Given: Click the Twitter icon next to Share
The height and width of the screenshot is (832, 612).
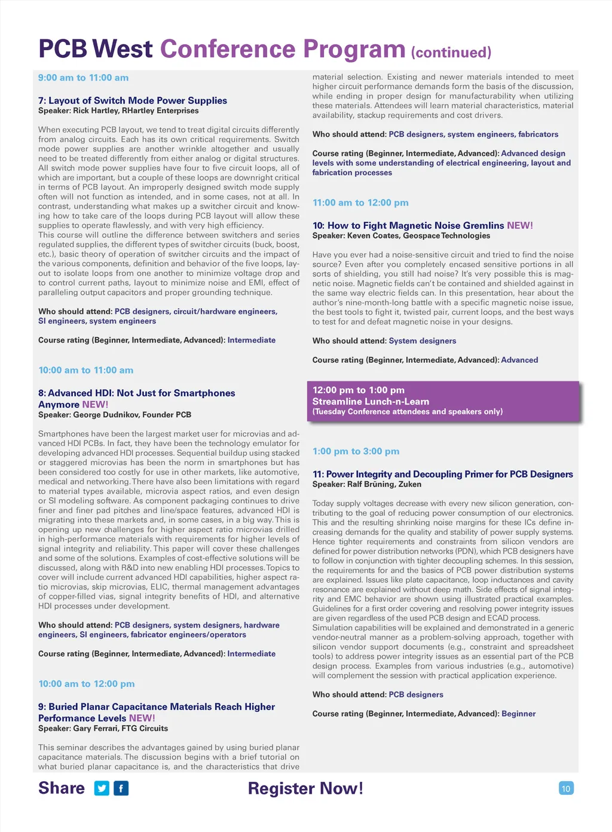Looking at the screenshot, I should click(102, 788).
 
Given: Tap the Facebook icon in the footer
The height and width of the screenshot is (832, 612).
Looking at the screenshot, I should click(121, 788).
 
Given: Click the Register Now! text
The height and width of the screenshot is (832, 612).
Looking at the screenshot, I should click(305, 788).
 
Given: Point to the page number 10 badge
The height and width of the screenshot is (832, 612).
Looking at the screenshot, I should click(565, 788).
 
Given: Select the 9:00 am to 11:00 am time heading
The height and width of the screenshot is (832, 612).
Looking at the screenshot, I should click(83, 78).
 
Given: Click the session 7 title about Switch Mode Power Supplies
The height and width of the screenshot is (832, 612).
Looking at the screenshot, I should click(132, 100).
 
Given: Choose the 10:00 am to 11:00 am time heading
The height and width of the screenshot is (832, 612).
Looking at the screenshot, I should click(85, 370).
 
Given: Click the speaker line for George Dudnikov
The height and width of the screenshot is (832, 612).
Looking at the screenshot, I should click(114, 415).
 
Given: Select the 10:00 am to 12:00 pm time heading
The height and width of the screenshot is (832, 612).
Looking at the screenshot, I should click(86, 684).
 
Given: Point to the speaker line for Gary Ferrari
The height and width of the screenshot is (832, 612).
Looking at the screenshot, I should click(103, 729).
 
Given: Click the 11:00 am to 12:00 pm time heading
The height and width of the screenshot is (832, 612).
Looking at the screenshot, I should click(360, 203).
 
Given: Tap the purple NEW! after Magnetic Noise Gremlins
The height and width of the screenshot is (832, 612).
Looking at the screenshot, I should click(520, 225).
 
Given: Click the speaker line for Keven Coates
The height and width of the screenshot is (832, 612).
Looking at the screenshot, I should click(400, 235).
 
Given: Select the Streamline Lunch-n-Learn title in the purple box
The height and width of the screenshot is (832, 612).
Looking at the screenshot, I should click(371, 402).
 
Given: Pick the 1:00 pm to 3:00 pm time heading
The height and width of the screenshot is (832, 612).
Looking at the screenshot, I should click(356, 451).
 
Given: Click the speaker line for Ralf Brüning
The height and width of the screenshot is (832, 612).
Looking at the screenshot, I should click(366, 484).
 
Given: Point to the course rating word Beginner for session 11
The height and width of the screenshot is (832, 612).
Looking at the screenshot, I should click(518, 714).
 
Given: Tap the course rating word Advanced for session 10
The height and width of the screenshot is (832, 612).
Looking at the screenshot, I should click(519, 360).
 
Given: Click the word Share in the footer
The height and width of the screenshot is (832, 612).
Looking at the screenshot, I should click(62, 788).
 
